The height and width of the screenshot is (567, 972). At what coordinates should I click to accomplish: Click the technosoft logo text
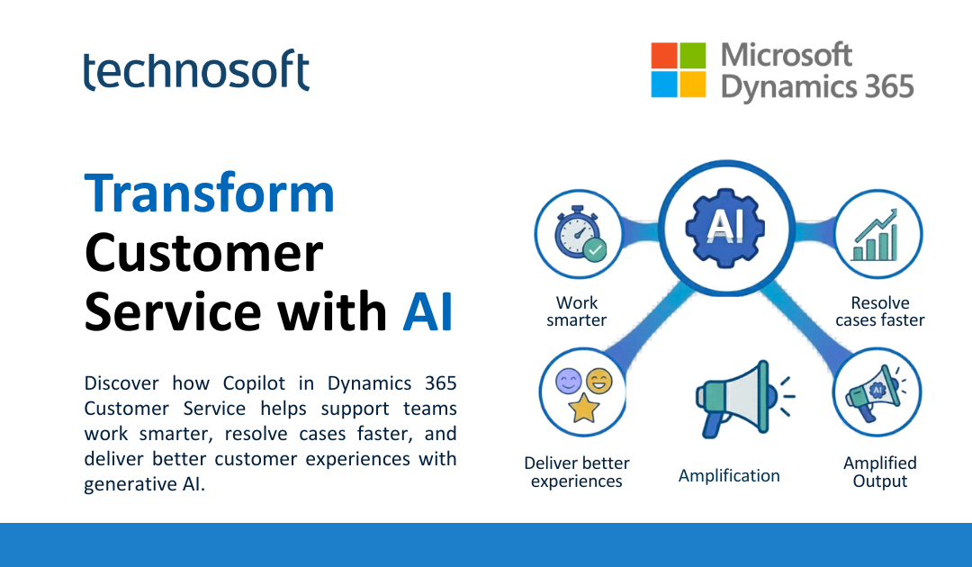pos(196,71)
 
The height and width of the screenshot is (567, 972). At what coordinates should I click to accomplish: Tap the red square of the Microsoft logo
pos(664,56)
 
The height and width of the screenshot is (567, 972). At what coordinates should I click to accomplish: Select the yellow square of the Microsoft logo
pos(693,85)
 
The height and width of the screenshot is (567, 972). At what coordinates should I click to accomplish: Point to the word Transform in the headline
pos(209,193)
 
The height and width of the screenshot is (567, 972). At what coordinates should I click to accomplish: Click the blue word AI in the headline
pos(427,312)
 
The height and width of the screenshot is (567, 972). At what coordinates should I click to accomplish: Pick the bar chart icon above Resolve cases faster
pos(877,235)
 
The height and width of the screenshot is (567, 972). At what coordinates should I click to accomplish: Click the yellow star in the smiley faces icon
pos(583,409)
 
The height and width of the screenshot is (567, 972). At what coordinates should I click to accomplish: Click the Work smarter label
pos(577,311)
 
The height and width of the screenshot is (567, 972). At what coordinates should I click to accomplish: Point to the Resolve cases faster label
pos(879,311)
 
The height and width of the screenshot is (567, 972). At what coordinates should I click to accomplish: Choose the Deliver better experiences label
pos(577,472)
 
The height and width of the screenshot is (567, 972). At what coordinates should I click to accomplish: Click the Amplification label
pos(729,475)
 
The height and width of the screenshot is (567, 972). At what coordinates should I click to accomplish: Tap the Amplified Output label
pos(879,472)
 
